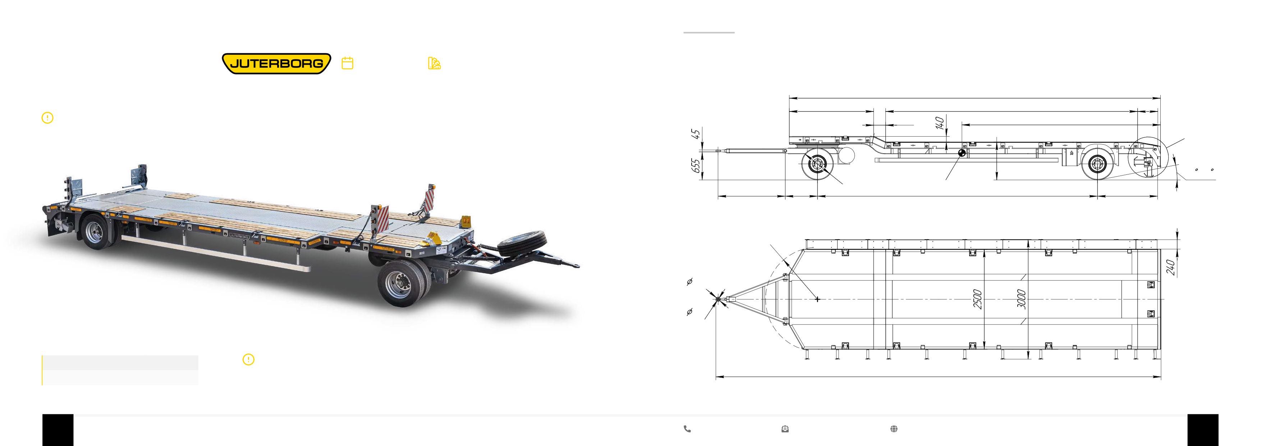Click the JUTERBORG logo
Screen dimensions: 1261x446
[276, 64]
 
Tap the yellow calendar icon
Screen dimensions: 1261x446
[348, 63]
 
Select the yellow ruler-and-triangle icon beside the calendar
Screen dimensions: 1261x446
[434, 63]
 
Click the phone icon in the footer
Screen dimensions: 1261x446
[687, 429]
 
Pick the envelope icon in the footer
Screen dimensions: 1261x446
[785, 429]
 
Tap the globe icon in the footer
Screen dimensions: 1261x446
[894, 429]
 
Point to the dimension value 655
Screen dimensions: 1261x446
[696, 165]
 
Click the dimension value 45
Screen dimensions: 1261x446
[696, 134]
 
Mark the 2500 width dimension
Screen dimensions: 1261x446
[978, 299]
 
